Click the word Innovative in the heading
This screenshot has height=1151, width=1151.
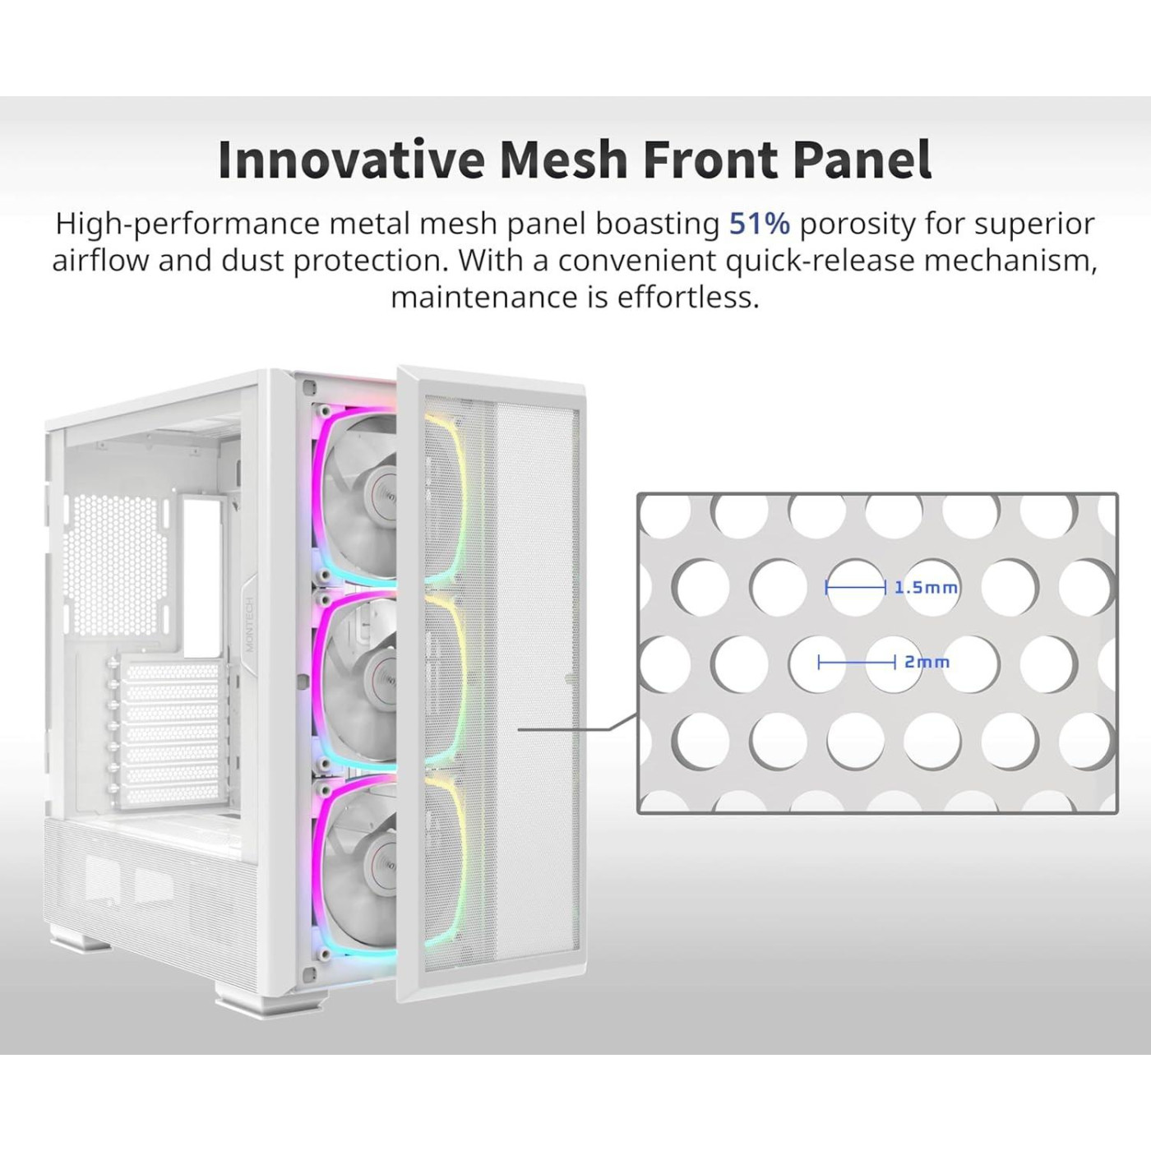(350, 160)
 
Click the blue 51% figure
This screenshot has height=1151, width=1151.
(760, 224)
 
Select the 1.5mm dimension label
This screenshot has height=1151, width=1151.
(925, 588)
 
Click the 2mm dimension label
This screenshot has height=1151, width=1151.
(927, 662)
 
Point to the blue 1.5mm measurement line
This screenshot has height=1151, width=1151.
(855, 588)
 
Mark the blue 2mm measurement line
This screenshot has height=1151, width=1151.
(857, 662)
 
